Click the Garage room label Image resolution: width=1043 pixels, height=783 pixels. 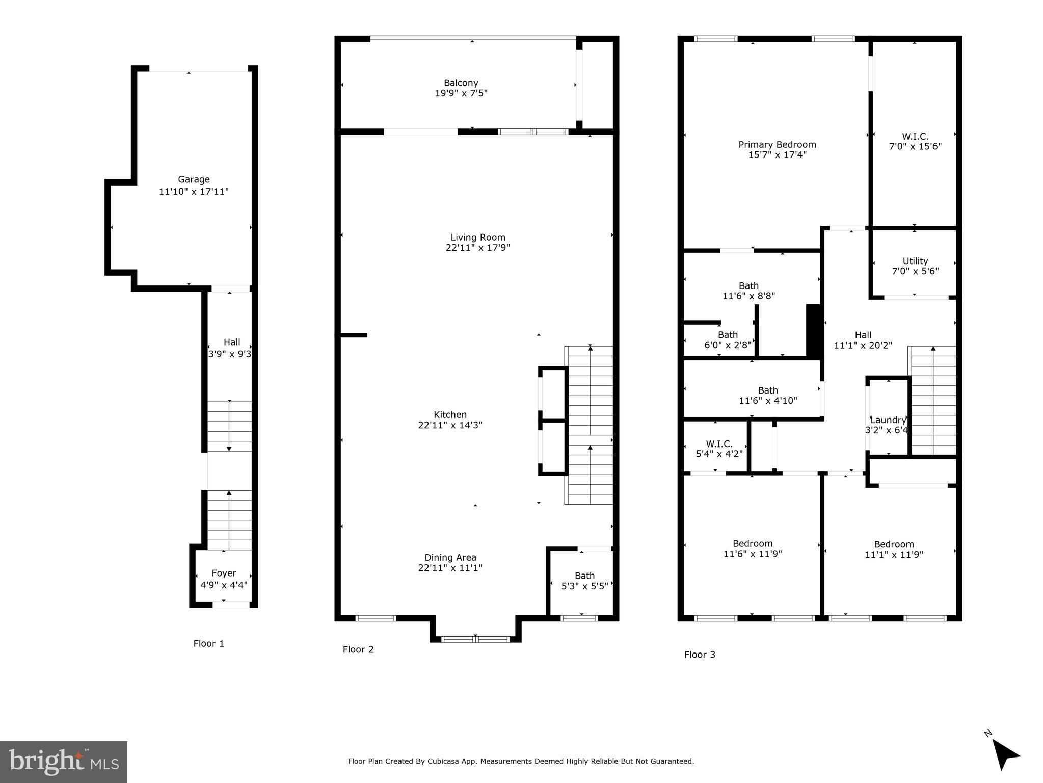tap(194, 179)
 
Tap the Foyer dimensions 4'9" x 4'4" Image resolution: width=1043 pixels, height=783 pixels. tap(224, 585)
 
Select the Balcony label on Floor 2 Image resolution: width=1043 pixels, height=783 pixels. tap(461, 83)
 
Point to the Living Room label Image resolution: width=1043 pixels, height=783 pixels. tap(477, 237)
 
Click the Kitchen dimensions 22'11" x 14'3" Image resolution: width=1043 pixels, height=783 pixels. tap(450, 425)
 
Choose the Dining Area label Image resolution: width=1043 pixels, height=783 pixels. tap(450, 557)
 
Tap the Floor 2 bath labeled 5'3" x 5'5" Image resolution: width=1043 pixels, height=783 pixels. tap(584, 581)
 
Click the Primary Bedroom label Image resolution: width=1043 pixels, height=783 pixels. tap(777, 145)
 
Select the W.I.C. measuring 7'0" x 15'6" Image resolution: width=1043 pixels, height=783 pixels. tap(915, 141)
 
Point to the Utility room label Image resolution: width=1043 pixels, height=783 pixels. tap(915, 261)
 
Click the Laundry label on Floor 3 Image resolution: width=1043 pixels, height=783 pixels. tap(888, 420)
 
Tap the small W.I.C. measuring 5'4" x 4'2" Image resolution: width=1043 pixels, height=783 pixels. tap(719, 449)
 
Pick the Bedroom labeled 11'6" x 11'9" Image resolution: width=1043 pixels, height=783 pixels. tap(753, 549)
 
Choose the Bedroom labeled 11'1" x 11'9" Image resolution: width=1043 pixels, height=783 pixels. tap(894, 549)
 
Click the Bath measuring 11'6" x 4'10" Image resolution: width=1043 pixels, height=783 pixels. tap(768, 396)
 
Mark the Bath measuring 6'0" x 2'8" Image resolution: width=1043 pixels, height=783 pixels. tap(728, 340)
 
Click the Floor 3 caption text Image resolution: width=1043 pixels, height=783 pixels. tap(700, 655)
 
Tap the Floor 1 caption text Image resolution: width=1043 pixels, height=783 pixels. tap(208, 643)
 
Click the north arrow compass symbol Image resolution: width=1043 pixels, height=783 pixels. tap(1003, 756)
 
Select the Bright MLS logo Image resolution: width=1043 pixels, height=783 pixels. tap(64, 762)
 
